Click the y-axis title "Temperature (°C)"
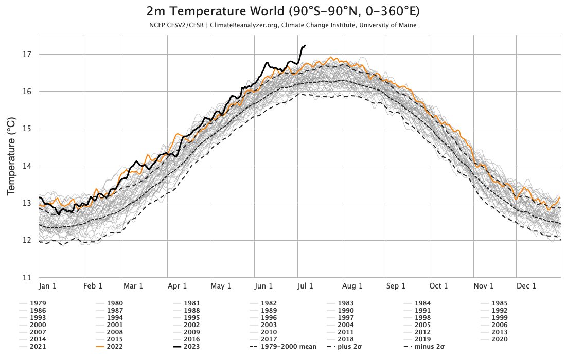[x=11, y=156]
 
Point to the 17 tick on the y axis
[x=27, y=55]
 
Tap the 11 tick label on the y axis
[x=27, y=277]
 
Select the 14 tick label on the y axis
[x=27, y=166]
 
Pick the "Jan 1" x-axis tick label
[x=48, y=286]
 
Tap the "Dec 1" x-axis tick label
[x=526, y=286]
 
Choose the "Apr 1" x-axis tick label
[x=177, y=286]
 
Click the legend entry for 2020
[x=500, y=339]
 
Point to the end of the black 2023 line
[x=305, y=45]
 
